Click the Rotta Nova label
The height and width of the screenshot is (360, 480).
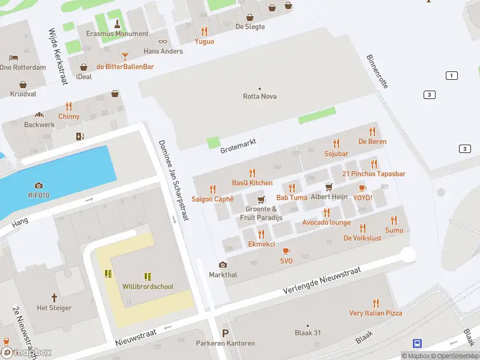260,96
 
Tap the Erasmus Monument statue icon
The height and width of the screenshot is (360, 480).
117,24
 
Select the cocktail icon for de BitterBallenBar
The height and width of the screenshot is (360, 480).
125,56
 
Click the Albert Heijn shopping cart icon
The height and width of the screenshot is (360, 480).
329,187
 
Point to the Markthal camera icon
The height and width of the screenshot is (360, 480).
223,265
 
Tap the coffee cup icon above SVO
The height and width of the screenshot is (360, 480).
286,251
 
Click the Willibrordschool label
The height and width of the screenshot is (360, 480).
148,287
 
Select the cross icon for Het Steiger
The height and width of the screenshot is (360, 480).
54,298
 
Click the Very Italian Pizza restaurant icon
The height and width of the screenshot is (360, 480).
376,303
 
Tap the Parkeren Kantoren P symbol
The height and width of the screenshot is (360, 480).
226,334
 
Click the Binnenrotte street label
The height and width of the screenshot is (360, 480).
377,71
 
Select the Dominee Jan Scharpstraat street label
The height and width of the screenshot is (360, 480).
173,180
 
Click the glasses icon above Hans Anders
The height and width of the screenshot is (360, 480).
163,41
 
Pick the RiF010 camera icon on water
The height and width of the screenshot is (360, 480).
39,185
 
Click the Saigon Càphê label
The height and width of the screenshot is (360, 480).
212,199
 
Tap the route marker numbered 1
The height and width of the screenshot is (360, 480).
451,75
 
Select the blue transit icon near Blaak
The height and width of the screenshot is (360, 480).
417,343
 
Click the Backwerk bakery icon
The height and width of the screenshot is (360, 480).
40,115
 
